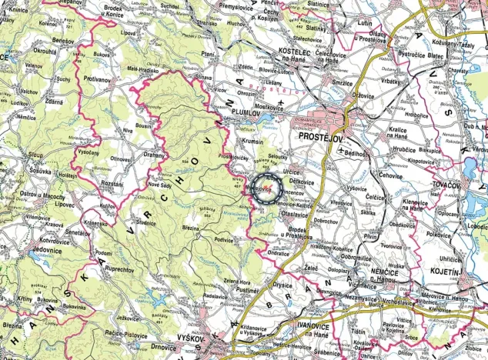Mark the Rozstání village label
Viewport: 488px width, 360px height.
tap(111, 185)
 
